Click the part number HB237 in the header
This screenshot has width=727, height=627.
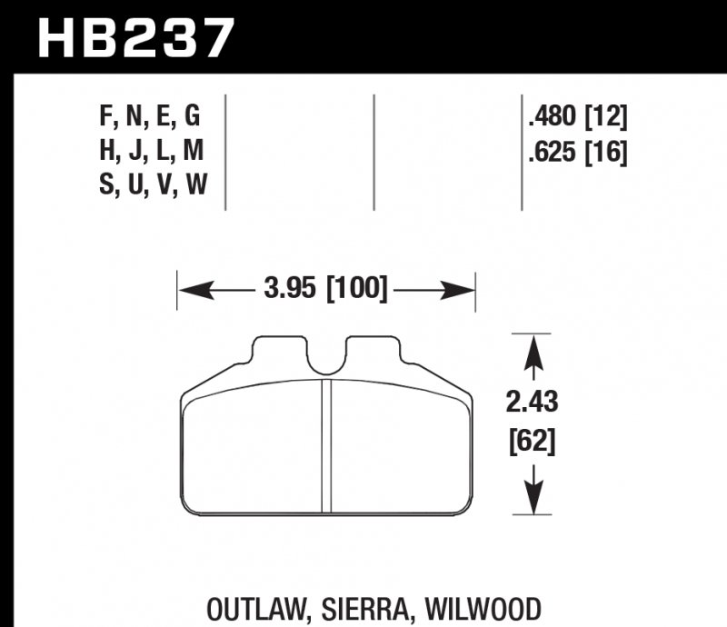coord(135,37)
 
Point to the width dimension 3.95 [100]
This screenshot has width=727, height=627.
coord(326,290)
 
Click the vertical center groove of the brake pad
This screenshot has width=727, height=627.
coord(326,445)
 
